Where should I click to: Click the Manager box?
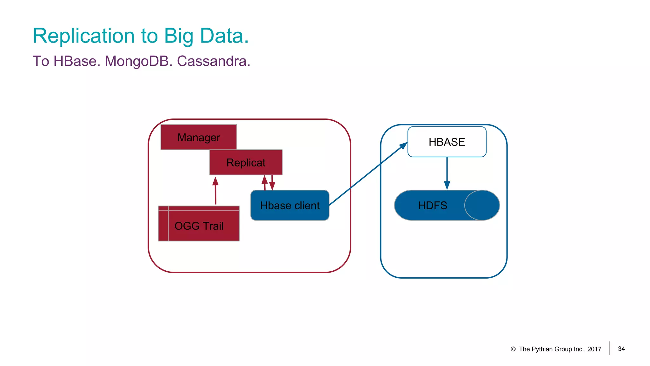point(199,137)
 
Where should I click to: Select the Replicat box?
point(246,162)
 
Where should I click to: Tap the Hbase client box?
point(290,205)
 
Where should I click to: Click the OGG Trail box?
point(203,226)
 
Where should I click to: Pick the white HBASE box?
point(447,142)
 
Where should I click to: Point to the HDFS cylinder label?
point(432,206)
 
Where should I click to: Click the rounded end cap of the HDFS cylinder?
point(482,205)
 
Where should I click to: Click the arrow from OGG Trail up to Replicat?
point(216,191)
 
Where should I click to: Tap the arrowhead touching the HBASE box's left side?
point(403,146)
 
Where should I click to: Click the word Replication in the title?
point(84,36)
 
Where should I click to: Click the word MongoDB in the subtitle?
point(138,61)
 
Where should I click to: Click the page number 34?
point(621,349)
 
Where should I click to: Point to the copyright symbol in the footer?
point(513,349)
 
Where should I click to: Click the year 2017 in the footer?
point(594,349)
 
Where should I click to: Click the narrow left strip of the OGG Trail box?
point(163,224)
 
